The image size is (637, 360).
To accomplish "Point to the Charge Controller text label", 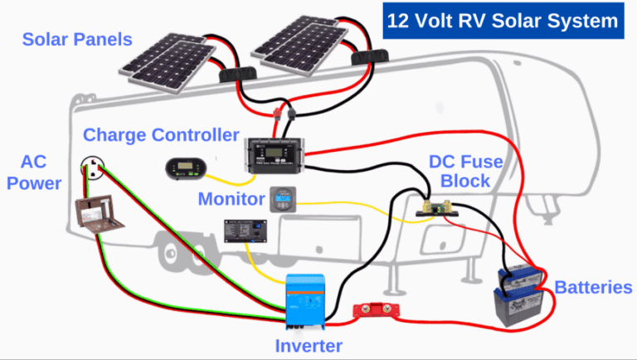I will tap(161, 134).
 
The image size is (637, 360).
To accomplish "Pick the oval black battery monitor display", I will tap(183, 168).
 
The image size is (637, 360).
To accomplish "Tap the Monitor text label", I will tap(231, 199).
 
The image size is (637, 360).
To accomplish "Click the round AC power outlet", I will tap(94, 172).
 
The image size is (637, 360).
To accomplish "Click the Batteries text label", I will tap(592, 288).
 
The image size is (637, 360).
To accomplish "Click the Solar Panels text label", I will tap(75, 39).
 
